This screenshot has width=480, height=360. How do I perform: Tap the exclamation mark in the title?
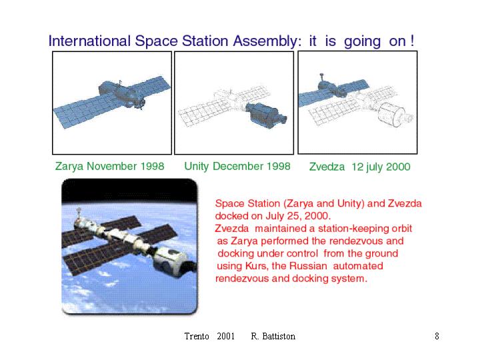pos(413,41)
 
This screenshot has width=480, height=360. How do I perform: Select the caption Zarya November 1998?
pos(109,166)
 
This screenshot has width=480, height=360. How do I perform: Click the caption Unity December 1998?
pos(237,166)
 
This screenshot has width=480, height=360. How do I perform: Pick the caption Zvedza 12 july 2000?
pos(360,167)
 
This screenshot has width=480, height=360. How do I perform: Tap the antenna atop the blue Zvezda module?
pos(321,77)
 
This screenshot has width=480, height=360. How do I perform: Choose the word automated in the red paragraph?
pos(358,266)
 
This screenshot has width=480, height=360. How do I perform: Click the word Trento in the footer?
pos(197,336)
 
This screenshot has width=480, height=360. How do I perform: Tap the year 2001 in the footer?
pos(225,336)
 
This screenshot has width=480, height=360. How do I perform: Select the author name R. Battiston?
pos(273,336)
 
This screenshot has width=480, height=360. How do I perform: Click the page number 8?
pos(437,336)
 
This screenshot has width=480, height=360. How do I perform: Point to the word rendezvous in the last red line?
pos(242,279)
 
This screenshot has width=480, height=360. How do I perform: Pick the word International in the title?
pos(89,41)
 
